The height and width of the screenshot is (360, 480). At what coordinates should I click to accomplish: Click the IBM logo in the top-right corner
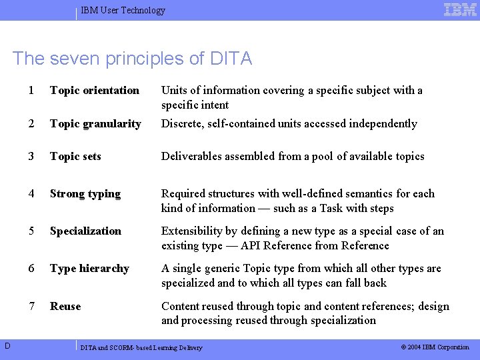tap(460, 9)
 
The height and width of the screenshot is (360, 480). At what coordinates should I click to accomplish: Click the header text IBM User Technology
tap(123, 10)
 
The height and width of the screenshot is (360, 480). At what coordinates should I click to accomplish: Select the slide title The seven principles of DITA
tap(132, 59)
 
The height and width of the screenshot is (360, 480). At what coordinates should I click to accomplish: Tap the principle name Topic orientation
tap(95, 90)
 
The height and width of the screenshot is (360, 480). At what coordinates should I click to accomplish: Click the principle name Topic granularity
tap(95, 123)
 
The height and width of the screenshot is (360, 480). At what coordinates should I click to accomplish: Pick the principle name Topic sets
tap(75, 156)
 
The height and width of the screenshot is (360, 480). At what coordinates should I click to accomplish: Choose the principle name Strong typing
tap(85, 193)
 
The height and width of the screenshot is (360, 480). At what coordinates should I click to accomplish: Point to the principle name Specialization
tap(85, 231)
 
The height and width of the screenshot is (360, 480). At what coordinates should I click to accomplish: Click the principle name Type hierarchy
tap(89, 268)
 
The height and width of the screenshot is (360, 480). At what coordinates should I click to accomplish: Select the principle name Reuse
tap(65, 306)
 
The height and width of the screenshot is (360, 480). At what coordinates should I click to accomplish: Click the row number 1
tap(32, 90)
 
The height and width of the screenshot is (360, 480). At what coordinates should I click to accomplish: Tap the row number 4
tap(32, 193)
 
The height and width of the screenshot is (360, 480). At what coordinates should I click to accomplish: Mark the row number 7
tap(32, 306)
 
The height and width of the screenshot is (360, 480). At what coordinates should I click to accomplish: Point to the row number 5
tap(32, 231)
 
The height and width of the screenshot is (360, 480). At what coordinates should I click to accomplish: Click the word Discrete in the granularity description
tap(181, 123)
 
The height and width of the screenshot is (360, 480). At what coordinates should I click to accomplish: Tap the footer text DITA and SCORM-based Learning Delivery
tap(141, 347)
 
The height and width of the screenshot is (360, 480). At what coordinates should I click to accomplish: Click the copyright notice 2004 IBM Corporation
tap(434, 347)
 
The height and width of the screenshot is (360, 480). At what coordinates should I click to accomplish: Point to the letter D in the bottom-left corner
tap(6, 345)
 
